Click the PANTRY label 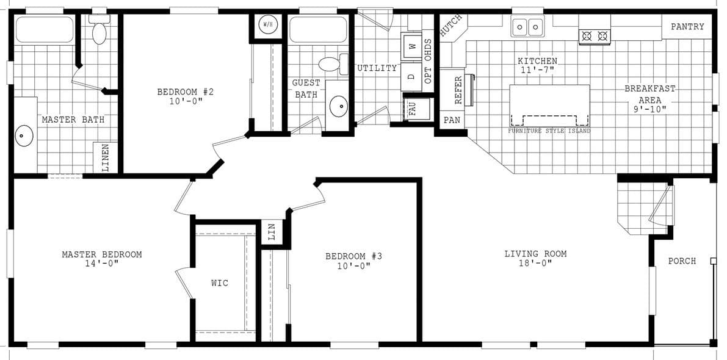pos(687,27)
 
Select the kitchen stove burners pos(595,36)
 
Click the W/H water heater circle pos(267,24)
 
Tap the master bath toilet pos(99,31)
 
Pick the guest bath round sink pos(338,106)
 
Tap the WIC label pos(220,283)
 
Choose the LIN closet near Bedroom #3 pos(272,231)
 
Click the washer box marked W pos(411,46)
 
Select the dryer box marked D pos(411,76)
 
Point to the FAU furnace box pos(413,109)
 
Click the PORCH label pos(682,261)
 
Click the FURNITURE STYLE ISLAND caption pos(549,131)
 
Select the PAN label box pos(452,120)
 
